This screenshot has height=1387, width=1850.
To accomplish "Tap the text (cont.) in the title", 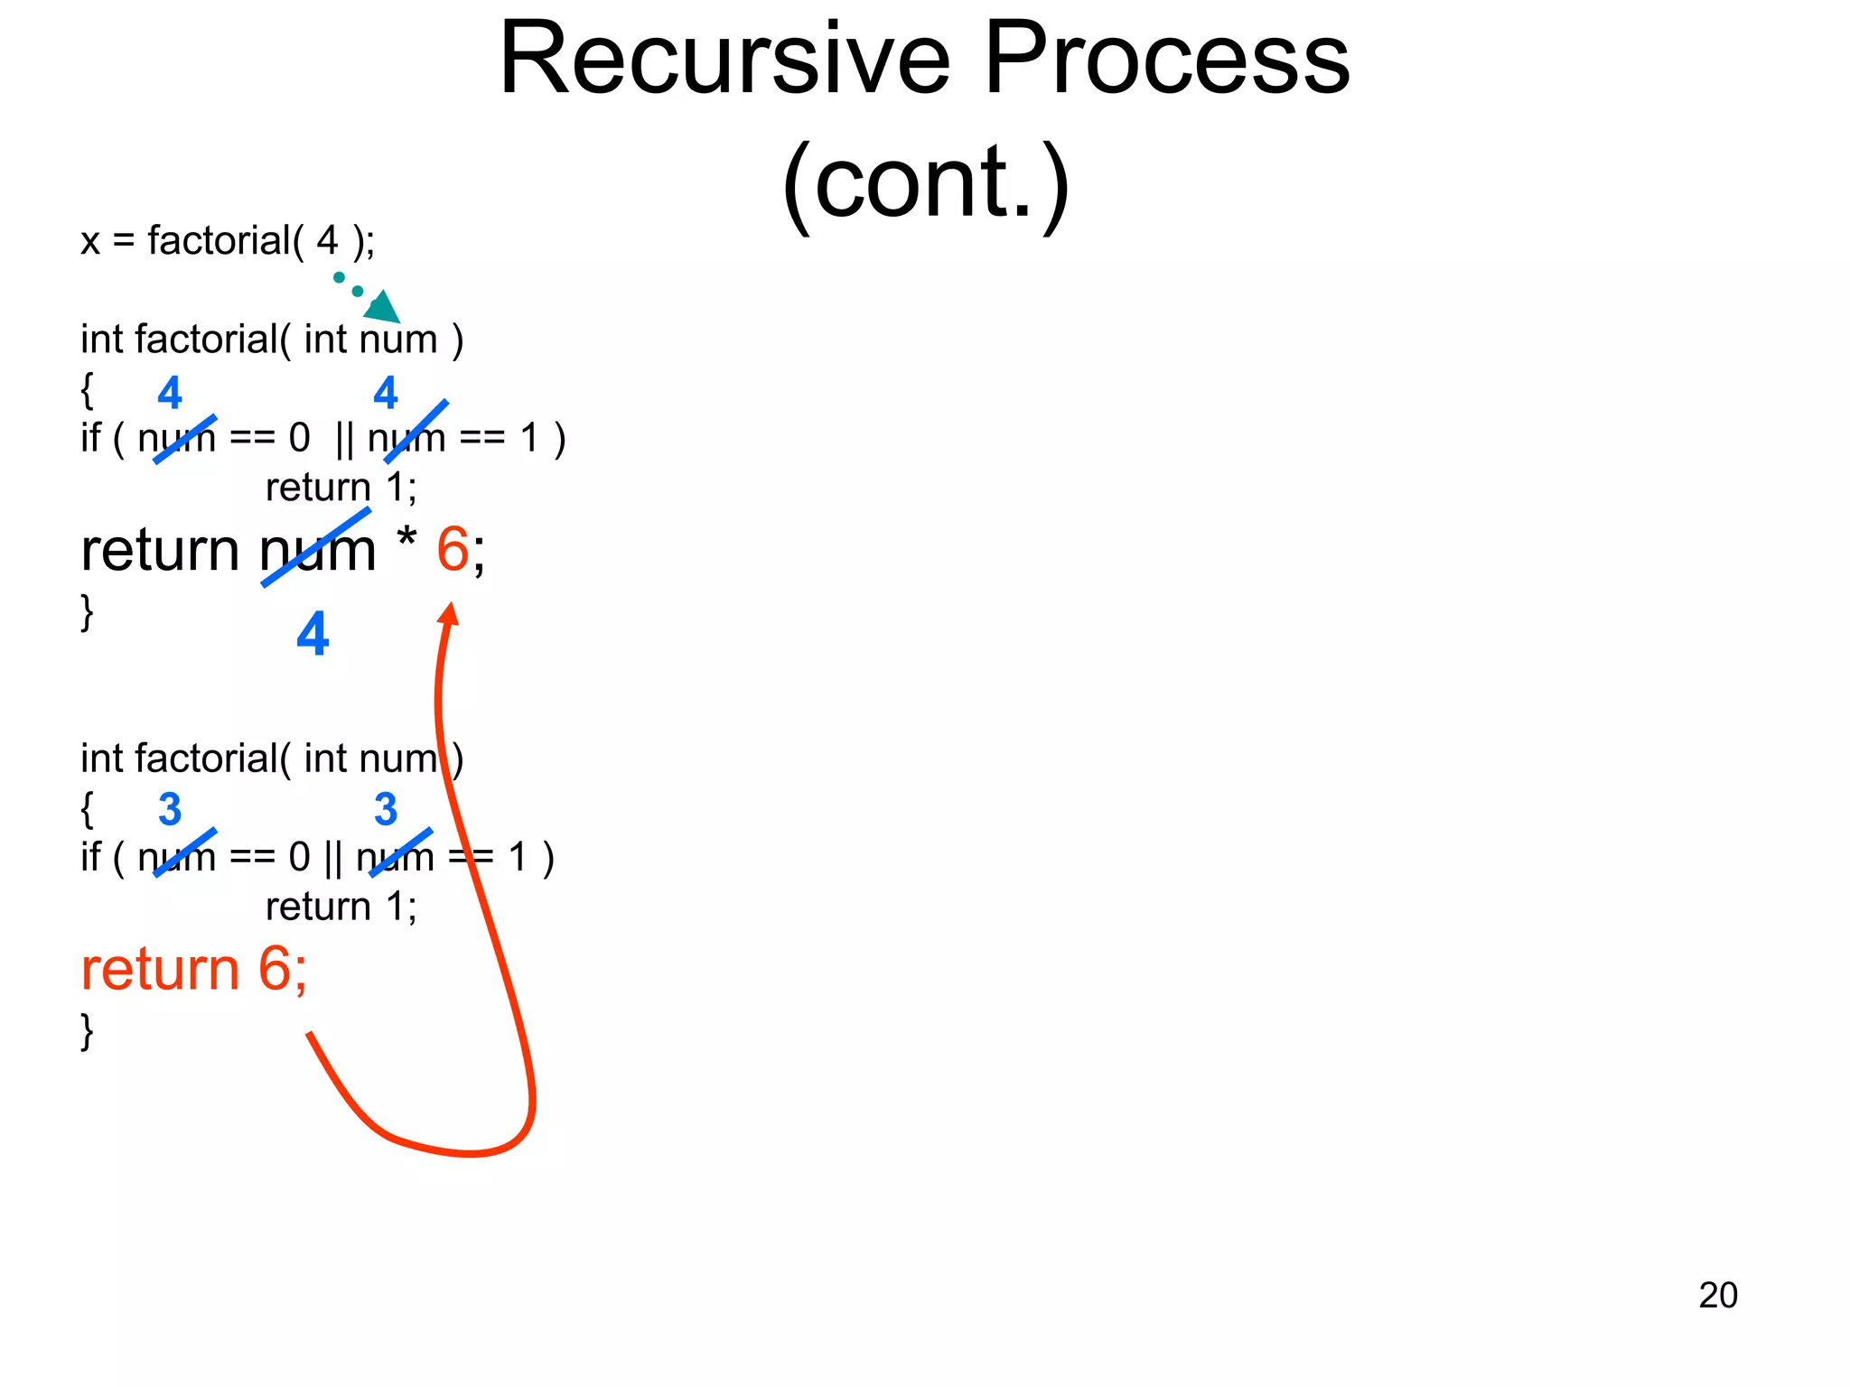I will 925,183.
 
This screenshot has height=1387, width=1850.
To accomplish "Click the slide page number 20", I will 1717,1295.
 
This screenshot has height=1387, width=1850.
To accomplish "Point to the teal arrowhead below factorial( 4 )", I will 384,308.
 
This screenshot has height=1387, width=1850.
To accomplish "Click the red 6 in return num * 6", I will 453,549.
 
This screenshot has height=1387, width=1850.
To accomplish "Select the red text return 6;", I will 193,970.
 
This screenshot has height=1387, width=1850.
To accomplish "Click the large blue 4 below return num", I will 313,634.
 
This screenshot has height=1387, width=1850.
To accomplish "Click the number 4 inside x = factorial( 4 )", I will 327,241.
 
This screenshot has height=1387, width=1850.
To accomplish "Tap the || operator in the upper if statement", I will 344,439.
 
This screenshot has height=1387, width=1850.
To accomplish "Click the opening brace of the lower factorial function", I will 87,808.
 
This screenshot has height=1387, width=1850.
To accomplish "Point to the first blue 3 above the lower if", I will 170,809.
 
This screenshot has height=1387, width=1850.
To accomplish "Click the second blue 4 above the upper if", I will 386,393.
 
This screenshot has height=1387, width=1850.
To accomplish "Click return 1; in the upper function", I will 341,488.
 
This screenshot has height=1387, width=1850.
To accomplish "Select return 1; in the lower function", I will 341,907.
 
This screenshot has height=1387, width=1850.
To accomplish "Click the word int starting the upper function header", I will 102,340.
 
